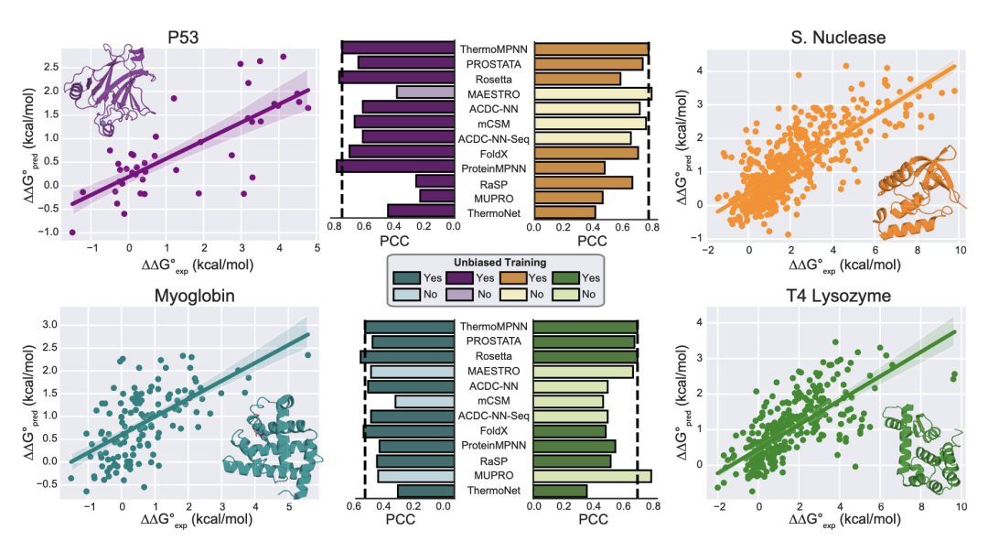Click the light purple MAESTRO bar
coord(424,93)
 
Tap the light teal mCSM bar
coord(424,402)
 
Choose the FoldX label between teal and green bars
coord(494,431)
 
